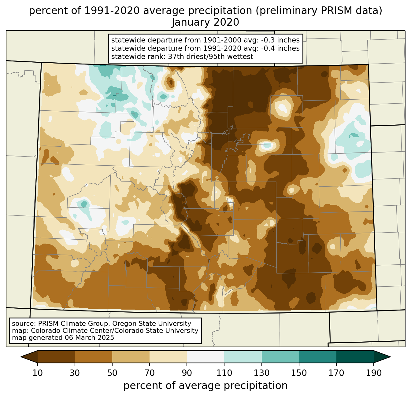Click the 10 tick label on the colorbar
(x=38, y=373)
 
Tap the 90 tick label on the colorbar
(x=187, y=373)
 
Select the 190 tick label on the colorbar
(x=374, y=373)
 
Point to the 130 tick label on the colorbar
(x=262, y=373)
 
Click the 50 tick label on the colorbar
(x=112, y=373)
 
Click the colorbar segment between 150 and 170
(x=318, y=357)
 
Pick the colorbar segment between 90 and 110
(x=206, y=357)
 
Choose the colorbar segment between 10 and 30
(x=56, y=357)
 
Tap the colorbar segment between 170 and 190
(x=355, y=357)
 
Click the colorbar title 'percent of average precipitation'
(x=206, y=386)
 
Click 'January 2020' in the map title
(x=206, y=22)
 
